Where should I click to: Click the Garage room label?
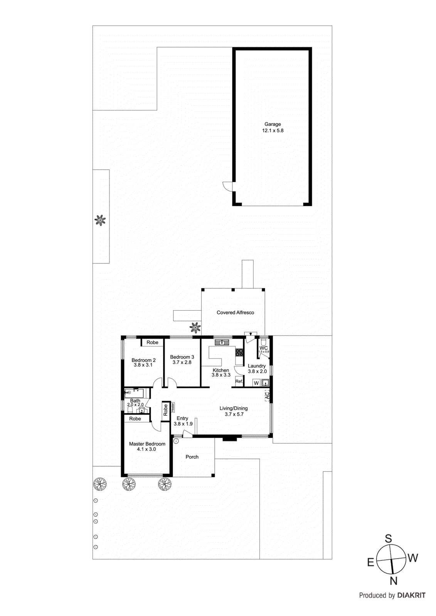pos(273,124)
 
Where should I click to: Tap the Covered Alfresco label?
pos(235,313)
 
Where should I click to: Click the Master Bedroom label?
pos(147,444)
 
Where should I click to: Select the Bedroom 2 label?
pos(143,360)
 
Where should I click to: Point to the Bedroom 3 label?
pos(182,357)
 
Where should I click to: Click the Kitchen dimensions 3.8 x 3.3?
pos(221,375)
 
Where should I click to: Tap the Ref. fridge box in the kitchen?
pos(239,382)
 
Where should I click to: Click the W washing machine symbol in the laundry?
pos(256,383)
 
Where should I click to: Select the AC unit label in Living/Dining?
pos(267,395)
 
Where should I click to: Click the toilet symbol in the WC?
pos(264,342)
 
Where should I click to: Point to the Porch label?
pos(192,457)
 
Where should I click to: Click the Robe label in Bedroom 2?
pos(152,342)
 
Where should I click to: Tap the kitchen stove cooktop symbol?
pos(239,352)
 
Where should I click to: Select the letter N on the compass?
pos(393,581)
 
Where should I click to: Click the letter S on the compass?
pos(389,539)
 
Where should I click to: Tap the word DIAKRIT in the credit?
pos(411,595)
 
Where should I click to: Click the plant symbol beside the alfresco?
pos(195,328)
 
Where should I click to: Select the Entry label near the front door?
pos(182,418)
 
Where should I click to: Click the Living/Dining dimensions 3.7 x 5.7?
pos(234,414)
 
